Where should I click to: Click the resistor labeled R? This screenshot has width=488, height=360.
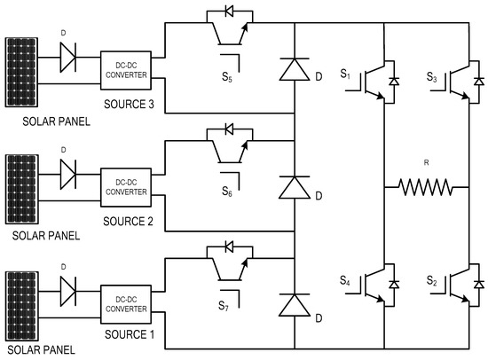pos(425,187)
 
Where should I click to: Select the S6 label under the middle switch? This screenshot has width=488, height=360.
pos(228,192)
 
